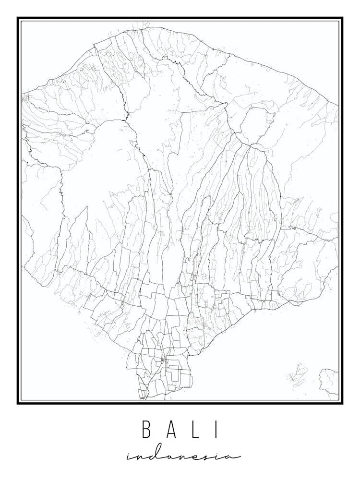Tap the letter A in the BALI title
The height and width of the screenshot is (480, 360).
(171, 430)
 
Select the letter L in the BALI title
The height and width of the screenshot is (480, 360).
(195, 430)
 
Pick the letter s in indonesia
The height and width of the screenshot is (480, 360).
(204, 457)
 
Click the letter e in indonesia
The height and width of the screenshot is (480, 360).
(192, 457)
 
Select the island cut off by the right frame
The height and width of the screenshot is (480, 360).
(330, 382)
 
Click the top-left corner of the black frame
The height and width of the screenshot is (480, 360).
(18, 18)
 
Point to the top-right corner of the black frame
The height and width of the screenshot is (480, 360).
(342, 18)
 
